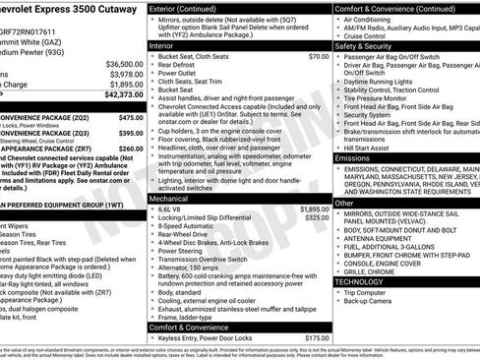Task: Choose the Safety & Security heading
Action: (x=365, y=45)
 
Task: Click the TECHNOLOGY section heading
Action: (x=360, y=281)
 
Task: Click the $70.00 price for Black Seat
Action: (x=318, y=56)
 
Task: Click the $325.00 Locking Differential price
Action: (x=317, y=190)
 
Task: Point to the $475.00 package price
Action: (x=131, y=117)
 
